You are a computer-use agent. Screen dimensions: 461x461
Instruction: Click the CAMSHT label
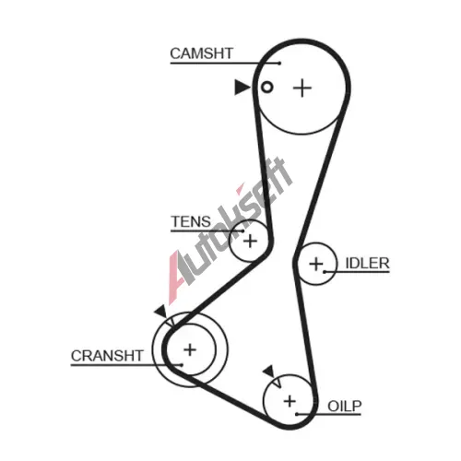(x=202, y=53)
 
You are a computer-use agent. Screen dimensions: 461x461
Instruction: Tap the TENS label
(x=191, y=221)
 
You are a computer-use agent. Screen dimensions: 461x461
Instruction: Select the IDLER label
(x=367, y=264)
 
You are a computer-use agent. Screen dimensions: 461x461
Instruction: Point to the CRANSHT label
(x=107, y=356)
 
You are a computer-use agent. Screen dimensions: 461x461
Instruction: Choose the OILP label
(x=345, y=407)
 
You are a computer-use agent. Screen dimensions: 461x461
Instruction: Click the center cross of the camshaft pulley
(x=302, y=89)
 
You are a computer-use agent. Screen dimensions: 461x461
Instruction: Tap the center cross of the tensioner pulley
(x=250, y=241)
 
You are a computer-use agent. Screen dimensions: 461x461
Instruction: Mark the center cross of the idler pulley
(x=316, y=265)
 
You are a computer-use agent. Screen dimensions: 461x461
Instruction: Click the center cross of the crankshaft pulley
(x=190, y=349)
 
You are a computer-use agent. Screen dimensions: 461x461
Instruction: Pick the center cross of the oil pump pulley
(x=290, y=401)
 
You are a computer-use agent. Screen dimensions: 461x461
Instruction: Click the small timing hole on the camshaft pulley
(x=267, y=88)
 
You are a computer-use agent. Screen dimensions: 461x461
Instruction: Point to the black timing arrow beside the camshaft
(x=242, y=88)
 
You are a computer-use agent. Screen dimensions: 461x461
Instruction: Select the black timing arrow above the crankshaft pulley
(x=161, y=313)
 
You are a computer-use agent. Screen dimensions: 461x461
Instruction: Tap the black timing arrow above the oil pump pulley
(x=269, y=372)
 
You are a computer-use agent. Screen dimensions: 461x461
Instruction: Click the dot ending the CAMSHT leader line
(x=279, y=64)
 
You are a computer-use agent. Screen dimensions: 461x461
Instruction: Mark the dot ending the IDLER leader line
(x=325, y=272)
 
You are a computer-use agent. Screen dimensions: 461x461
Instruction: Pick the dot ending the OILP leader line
(x=297, y=415)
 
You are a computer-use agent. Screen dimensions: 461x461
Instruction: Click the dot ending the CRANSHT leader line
(x=182, y=365)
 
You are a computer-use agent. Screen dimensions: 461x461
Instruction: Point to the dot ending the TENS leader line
(x=243, y=230)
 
